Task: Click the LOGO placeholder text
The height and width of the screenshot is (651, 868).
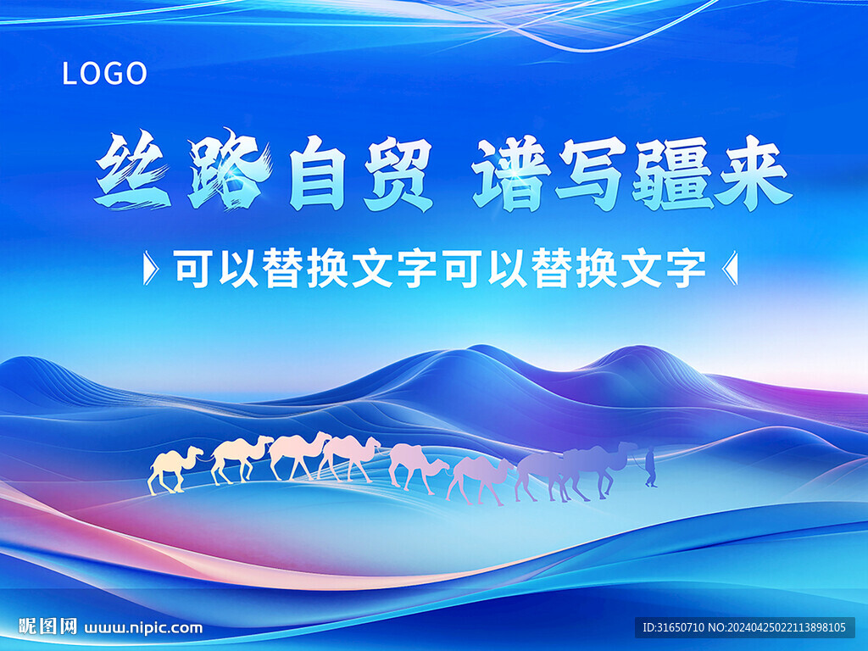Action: (104, 74)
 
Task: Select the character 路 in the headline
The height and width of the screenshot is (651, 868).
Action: (230, 170)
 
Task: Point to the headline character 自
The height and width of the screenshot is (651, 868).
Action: (317, 173)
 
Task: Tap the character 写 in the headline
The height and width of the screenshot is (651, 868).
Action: (590, 173)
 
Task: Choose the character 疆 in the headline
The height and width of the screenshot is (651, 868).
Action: (671, 174)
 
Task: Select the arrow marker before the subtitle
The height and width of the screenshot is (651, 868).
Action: (151, 269)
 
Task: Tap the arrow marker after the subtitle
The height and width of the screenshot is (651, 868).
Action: (731, 269)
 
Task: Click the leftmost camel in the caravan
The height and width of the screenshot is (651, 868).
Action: (174, 470)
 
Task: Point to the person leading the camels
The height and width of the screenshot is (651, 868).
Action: (650, 467)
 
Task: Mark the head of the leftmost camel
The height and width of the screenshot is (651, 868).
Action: (195, 452)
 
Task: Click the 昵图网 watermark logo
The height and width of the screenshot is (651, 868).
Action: (47, 626)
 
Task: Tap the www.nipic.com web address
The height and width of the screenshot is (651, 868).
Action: (143, 628)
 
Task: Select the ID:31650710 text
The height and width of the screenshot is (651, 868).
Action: (673, 627)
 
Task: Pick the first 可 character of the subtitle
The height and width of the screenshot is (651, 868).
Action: (194, 269)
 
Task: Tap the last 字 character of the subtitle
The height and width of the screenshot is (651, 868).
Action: (685, 269)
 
